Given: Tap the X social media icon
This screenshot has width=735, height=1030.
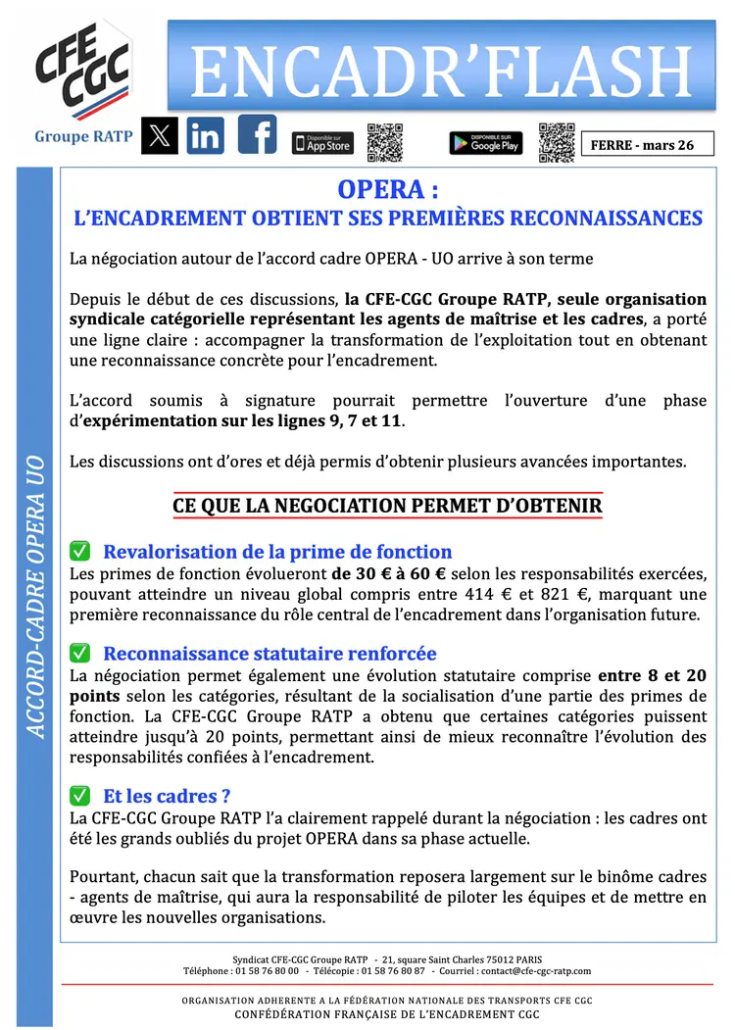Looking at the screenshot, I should pyautogui.click(x=160, y=136).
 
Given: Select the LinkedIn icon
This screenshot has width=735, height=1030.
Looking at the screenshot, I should pyautogui.click(x=206, y=136).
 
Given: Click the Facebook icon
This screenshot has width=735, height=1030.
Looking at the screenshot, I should pyautogui.click(x=257, y=135).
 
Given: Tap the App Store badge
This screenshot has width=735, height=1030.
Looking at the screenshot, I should pyautogui.click(x=322, y=143).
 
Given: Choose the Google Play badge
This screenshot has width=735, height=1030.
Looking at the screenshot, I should pyautogui.click(x=485, y=143).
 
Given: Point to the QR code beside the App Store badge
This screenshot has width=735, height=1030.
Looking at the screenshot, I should pyautogui.click(x=385, y=143).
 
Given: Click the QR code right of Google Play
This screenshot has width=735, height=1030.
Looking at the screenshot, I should pyautogui.click(x=557, y=142).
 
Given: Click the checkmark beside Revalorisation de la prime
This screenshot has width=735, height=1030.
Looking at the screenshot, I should pyautogui.click(x=80, y=552).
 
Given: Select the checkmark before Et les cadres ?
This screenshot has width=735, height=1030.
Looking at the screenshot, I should pyautogui.click(x=80, y=797).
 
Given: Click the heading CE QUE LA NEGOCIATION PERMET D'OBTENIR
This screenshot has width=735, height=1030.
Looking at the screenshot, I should pyautogui.click(x=387, y=506).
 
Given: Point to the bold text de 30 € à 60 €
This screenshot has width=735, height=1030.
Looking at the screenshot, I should pyautogui.click(x=388, y=574).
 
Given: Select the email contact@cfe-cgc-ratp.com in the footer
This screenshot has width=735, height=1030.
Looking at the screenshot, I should pyautogui.click(x=537, y=971).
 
